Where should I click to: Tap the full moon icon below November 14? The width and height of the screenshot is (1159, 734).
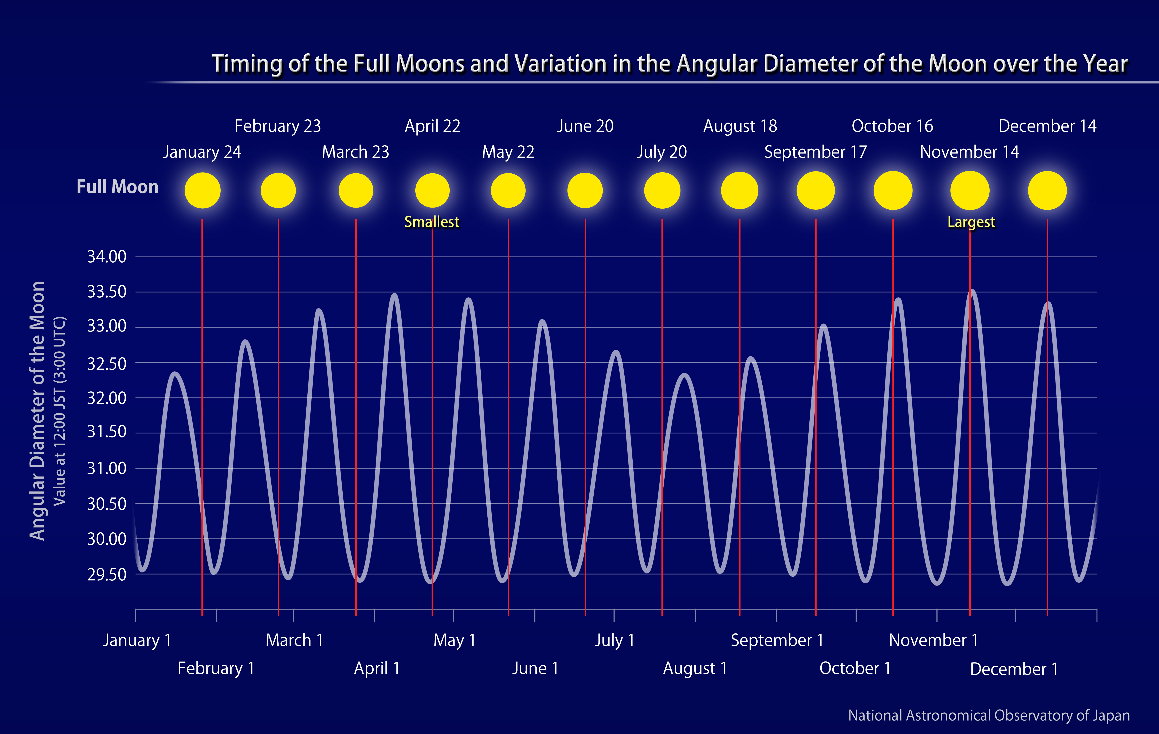point(970,191)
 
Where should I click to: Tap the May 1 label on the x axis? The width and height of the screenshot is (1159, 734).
point(454,641)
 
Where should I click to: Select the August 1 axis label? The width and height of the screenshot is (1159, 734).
point(695,668)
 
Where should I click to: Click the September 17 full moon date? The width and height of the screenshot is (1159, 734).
point(815,152)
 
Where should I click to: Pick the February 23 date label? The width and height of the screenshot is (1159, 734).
point(278,126)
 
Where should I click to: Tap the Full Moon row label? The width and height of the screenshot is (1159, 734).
point(117,187)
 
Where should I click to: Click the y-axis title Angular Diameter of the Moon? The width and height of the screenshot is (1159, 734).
point(37,411)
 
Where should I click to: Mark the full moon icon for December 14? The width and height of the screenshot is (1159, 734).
point(1047,191)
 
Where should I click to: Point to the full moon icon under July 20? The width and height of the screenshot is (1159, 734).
point(662,191)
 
